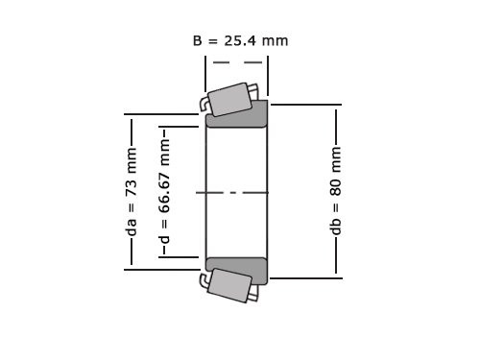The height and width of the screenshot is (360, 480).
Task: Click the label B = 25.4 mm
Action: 240,40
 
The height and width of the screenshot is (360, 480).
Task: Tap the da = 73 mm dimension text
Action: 132,192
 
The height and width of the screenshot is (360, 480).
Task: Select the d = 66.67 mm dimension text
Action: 164,192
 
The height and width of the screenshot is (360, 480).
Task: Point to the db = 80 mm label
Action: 336,192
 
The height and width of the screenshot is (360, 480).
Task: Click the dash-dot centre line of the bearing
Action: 236,193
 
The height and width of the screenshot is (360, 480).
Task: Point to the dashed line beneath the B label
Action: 237,62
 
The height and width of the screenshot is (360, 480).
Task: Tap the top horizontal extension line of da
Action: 163,115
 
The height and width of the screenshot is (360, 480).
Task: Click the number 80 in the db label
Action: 336,180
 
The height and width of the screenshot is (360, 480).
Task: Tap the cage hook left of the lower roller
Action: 204,280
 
